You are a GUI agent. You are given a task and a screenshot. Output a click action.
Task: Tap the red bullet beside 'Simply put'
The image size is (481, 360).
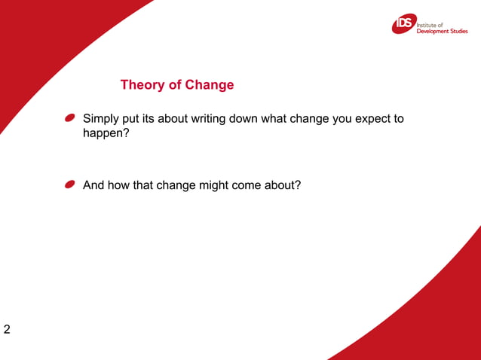tap(69, 118)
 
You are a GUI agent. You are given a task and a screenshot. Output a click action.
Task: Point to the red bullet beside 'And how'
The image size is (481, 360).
tap(69, 184)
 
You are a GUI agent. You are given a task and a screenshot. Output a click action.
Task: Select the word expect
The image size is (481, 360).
tap(369, 119)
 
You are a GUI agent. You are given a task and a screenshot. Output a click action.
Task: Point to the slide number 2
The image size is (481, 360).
tap(7, 329)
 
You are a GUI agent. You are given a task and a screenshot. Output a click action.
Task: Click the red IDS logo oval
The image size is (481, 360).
tap(403, 25)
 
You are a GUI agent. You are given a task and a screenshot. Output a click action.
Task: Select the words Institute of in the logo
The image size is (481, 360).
tap(430, 24)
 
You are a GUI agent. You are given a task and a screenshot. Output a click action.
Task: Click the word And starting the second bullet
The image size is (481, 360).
tap(93, 185)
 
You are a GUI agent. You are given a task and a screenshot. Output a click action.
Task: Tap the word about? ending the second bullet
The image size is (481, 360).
tap(284, 185)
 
